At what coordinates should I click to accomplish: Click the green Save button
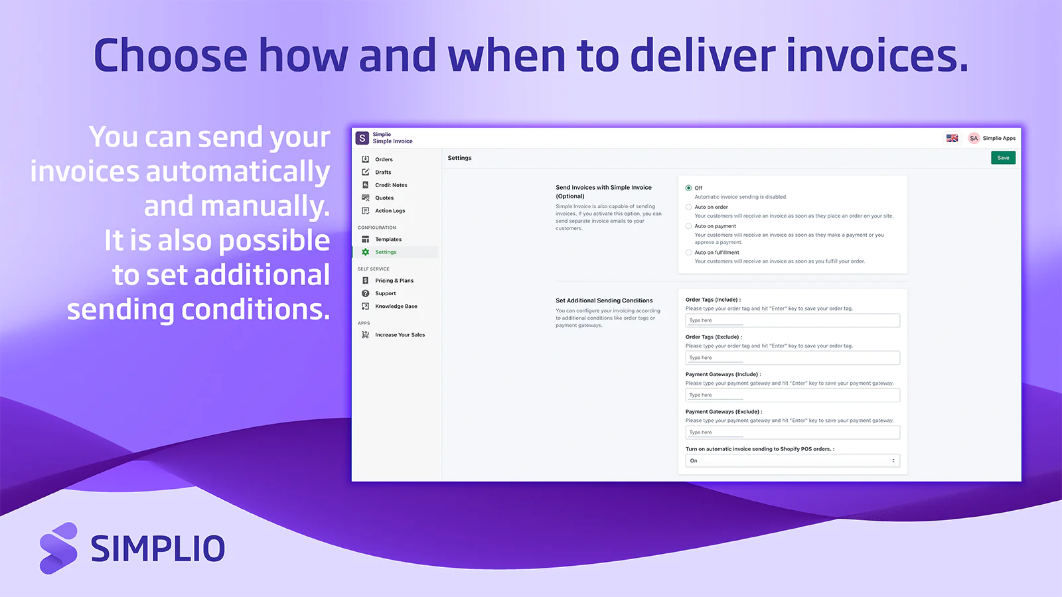click(x=1003, y=158)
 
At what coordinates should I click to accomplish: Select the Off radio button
click(x=688, y=188)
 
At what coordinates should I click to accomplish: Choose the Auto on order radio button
click(x=688, y=208)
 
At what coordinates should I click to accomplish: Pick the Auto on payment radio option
click(x=688, y=226)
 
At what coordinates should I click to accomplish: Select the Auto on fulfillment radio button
click(x=688, y=253)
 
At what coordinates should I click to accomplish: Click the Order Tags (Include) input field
click(x=792, y=320)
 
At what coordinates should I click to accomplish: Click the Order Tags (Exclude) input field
click(x=792, y=358)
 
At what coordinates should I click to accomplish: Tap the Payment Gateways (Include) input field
click(x=792, y=395)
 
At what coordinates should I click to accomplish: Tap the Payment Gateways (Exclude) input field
click(x=792, y=432)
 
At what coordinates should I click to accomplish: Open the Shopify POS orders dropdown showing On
click(x=792, y=461)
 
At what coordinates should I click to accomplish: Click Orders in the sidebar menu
click(x=384, y=160)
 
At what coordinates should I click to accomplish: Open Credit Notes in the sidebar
click(x=391, y=185)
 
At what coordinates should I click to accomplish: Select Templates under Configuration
click(x=388, y=239)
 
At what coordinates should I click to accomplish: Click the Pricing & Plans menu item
click(x=394, y=281)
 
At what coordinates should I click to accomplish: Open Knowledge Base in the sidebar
click(x=396, y=306)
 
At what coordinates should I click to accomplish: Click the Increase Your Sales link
click(x=400, y=335)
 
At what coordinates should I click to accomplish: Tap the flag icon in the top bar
click(x=952, y=139)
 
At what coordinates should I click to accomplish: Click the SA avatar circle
click(x=974, y=139)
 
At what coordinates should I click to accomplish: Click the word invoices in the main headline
click(x=876, y=56)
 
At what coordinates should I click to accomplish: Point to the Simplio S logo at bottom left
click(x=58, y=548)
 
